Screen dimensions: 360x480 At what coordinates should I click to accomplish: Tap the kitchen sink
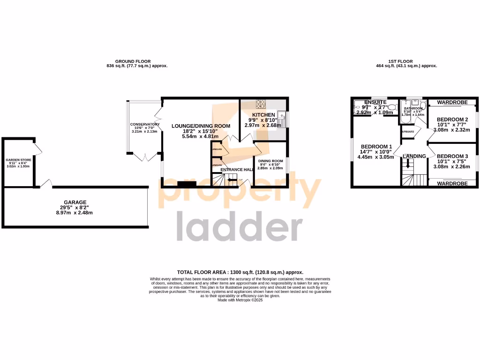282,116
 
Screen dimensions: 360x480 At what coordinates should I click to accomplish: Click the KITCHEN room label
263,115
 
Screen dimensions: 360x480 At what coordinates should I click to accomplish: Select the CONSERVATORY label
145,124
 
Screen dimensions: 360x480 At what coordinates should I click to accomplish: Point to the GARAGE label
75,202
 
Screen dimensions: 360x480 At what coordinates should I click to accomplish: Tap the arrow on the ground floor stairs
231,180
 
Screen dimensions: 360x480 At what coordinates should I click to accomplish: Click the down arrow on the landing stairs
408,164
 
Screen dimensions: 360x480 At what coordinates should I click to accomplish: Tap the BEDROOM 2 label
452,120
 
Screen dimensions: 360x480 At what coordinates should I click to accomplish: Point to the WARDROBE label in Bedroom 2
452,102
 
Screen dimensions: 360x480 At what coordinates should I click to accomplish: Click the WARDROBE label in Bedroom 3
452,184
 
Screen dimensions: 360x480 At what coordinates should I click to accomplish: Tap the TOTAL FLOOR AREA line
240,272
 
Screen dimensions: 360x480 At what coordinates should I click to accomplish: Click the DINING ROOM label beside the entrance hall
270,161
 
